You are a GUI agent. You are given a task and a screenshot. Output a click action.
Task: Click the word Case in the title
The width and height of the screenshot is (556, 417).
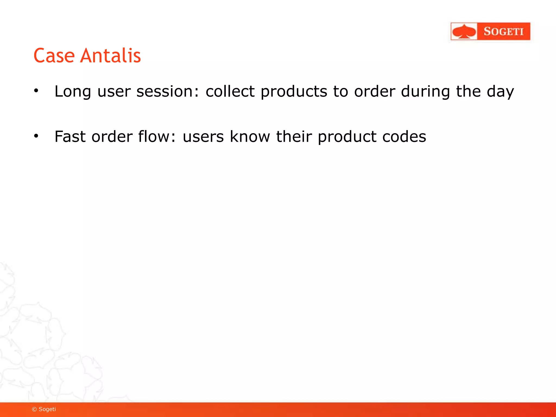tap(54, 56)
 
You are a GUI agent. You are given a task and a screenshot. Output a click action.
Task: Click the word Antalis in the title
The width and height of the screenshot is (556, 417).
tap(110, 56)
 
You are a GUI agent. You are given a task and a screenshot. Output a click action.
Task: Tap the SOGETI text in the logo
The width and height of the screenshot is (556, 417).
tap(503, 31)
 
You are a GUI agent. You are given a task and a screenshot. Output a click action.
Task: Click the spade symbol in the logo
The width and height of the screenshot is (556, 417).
tap(464, 31)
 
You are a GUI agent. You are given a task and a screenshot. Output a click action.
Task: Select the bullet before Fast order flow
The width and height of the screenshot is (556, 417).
tap(36, 136)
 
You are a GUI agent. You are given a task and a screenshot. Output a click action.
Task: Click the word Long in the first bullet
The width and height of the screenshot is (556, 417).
tap(72, 91)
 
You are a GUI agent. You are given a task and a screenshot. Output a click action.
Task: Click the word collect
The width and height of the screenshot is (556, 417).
tap(230, 91)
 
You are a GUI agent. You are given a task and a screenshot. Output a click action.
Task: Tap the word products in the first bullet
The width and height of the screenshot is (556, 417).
tap(294, 91)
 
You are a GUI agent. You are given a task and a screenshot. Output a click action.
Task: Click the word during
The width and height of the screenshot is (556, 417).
tap(425, 91)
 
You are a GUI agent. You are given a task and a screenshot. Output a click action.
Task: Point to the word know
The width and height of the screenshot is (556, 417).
tap(250, 136)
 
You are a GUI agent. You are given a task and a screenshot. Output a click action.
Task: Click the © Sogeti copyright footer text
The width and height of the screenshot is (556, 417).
tap(44, 409)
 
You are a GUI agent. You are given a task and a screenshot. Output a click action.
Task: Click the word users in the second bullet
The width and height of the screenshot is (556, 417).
tap(203, 136)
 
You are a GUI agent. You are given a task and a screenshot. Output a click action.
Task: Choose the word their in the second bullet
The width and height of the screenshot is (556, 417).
tap(294, 136)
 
